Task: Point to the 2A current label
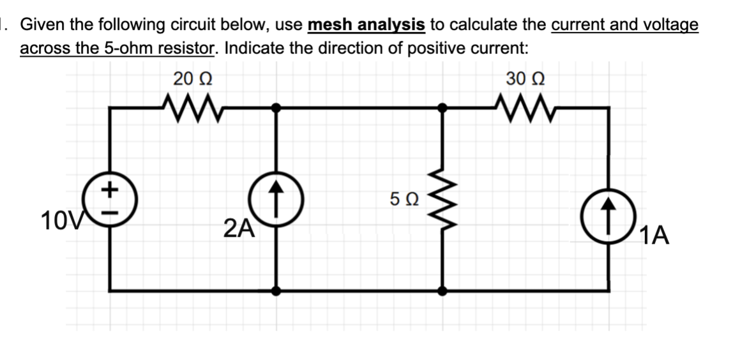click(239, 227)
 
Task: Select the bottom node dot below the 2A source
click(276, 290)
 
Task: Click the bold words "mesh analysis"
click(367, 25)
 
